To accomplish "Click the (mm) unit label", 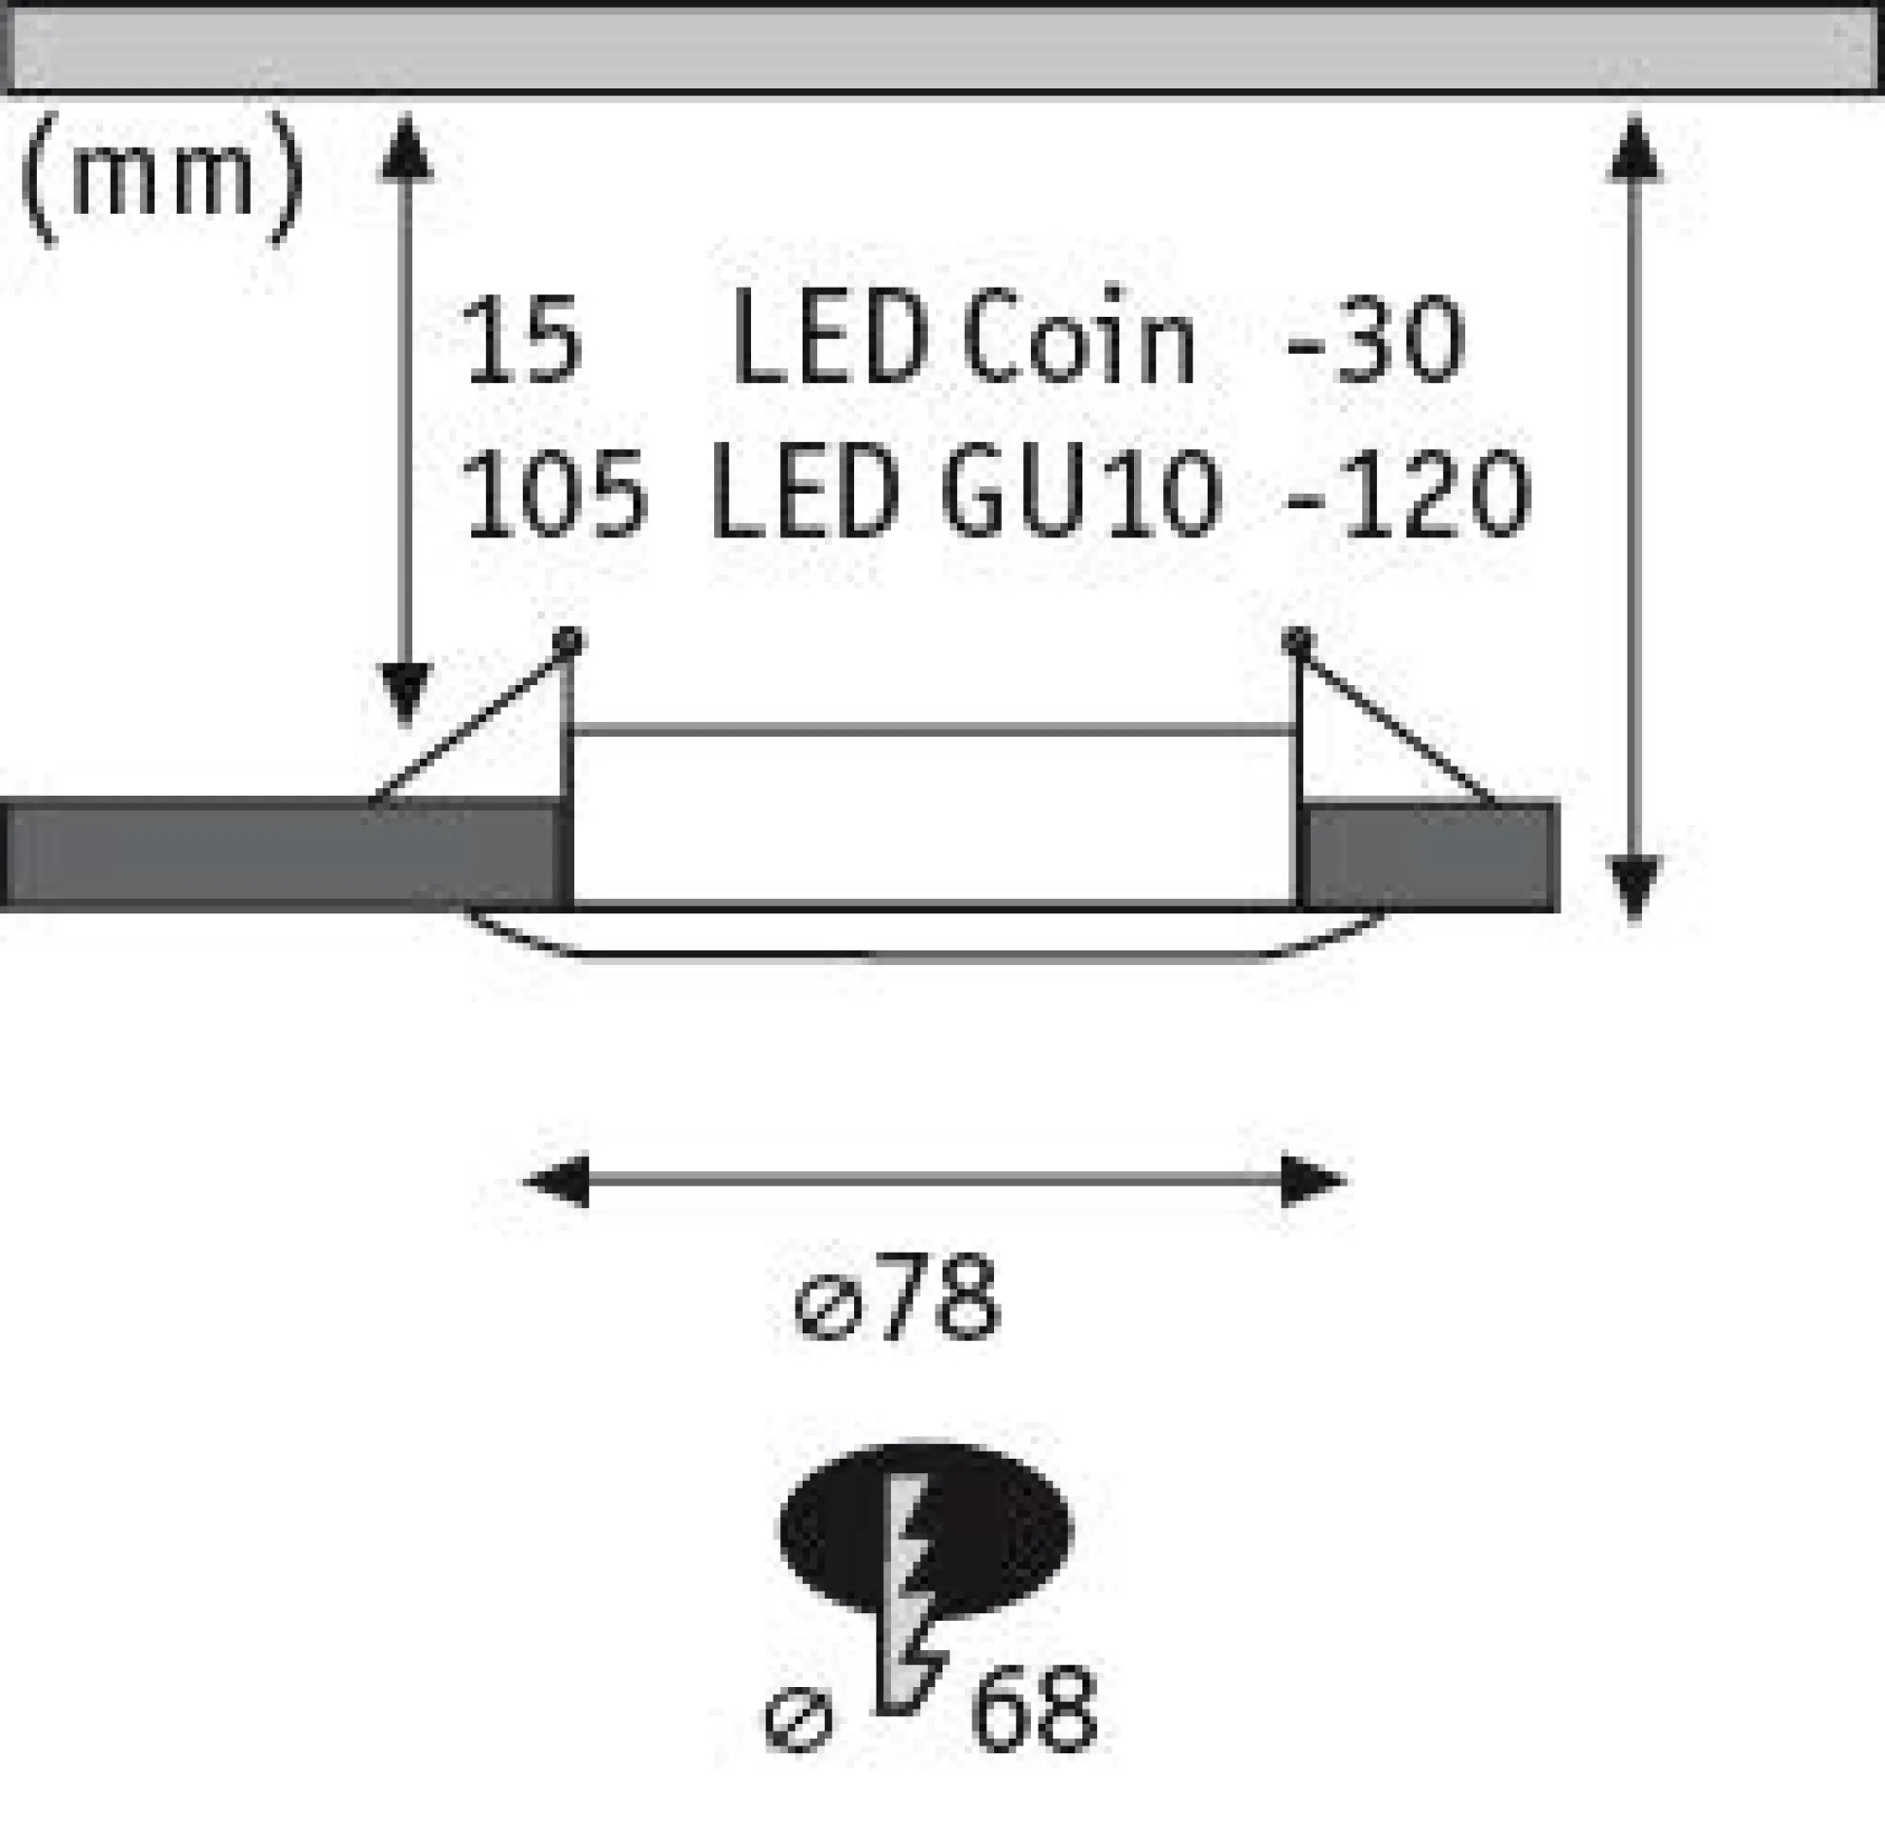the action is (x=161, y=179).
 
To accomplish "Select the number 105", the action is (x=555, y=495).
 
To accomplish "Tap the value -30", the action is (x=1374, y=340).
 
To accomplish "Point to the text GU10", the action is (x=1079, y=495).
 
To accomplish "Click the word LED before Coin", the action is (x=827, y=339).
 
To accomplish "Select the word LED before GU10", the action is (x=804, y=495).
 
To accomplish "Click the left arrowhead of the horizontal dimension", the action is (x=556, y=1182).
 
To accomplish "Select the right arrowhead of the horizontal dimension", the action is (x=1314, y=1182).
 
